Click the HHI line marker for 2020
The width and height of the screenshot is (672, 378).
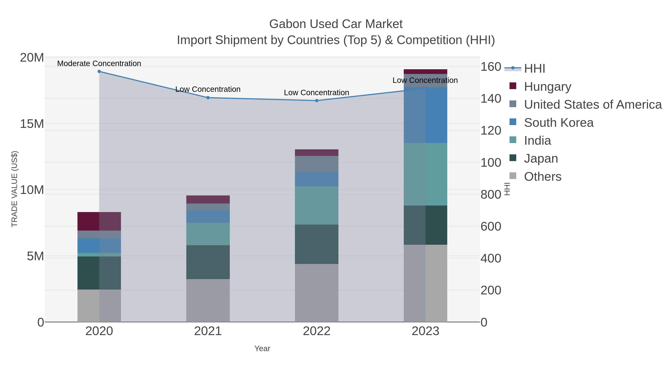[x=99, y=71]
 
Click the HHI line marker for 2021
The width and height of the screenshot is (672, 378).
[x=208, y=98]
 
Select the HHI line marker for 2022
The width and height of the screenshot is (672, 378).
[x=317, y=100]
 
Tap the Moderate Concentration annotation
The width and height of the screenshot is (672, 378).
[x=99, y=63]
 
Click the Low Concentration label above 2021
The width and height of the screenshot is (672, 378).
[x=208, y=89]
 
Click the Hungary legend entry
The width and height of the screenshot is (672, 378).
[x=547, y=86]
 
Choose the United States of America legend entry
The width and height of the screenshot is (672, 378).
[x=593, y=104]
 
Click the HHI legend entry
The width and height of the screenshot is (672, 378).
[x=534, y=68]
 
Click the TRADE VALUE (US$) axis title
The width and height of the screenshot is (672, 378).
[x=14, y=189]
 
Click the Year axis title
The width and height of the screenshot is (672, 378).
[x=262, y=349]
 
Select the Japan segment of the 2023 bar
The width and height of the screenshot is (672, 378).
[x=425, y=225]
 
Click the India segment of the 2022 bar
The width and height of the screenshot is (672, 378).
[x=317, y=205]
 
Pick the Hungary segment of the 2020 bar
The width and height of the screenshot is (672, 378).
[x=99, y=221]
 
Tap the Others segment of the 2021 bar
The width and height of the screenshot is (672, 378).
[x=208, y=301]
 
